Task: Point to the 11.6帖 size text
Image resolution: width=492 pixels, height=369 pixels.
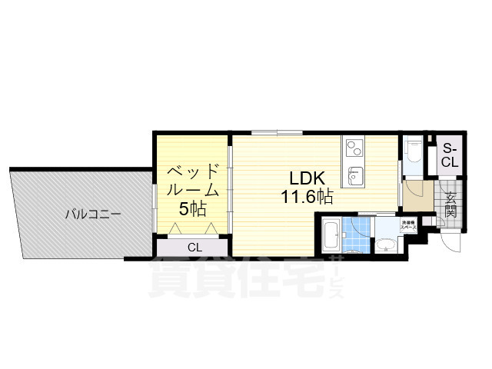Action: point(306,197)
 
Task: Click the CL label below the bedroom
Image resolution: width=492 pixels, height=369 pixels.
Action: point(194,248)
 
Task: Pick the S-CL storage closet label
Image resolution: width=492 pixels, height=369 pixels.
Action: point(449,156)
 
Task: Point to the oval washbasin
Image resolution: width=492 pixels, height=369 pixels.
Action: point(385,246)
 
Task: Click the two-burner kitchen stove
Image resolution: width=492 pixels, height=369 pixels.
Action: point(354,146)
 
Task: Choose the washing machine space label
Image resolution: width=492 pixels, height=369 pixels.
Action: point(407,226)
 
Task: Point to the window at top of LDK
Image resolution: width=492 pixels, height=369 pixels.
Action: point(276,132)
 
